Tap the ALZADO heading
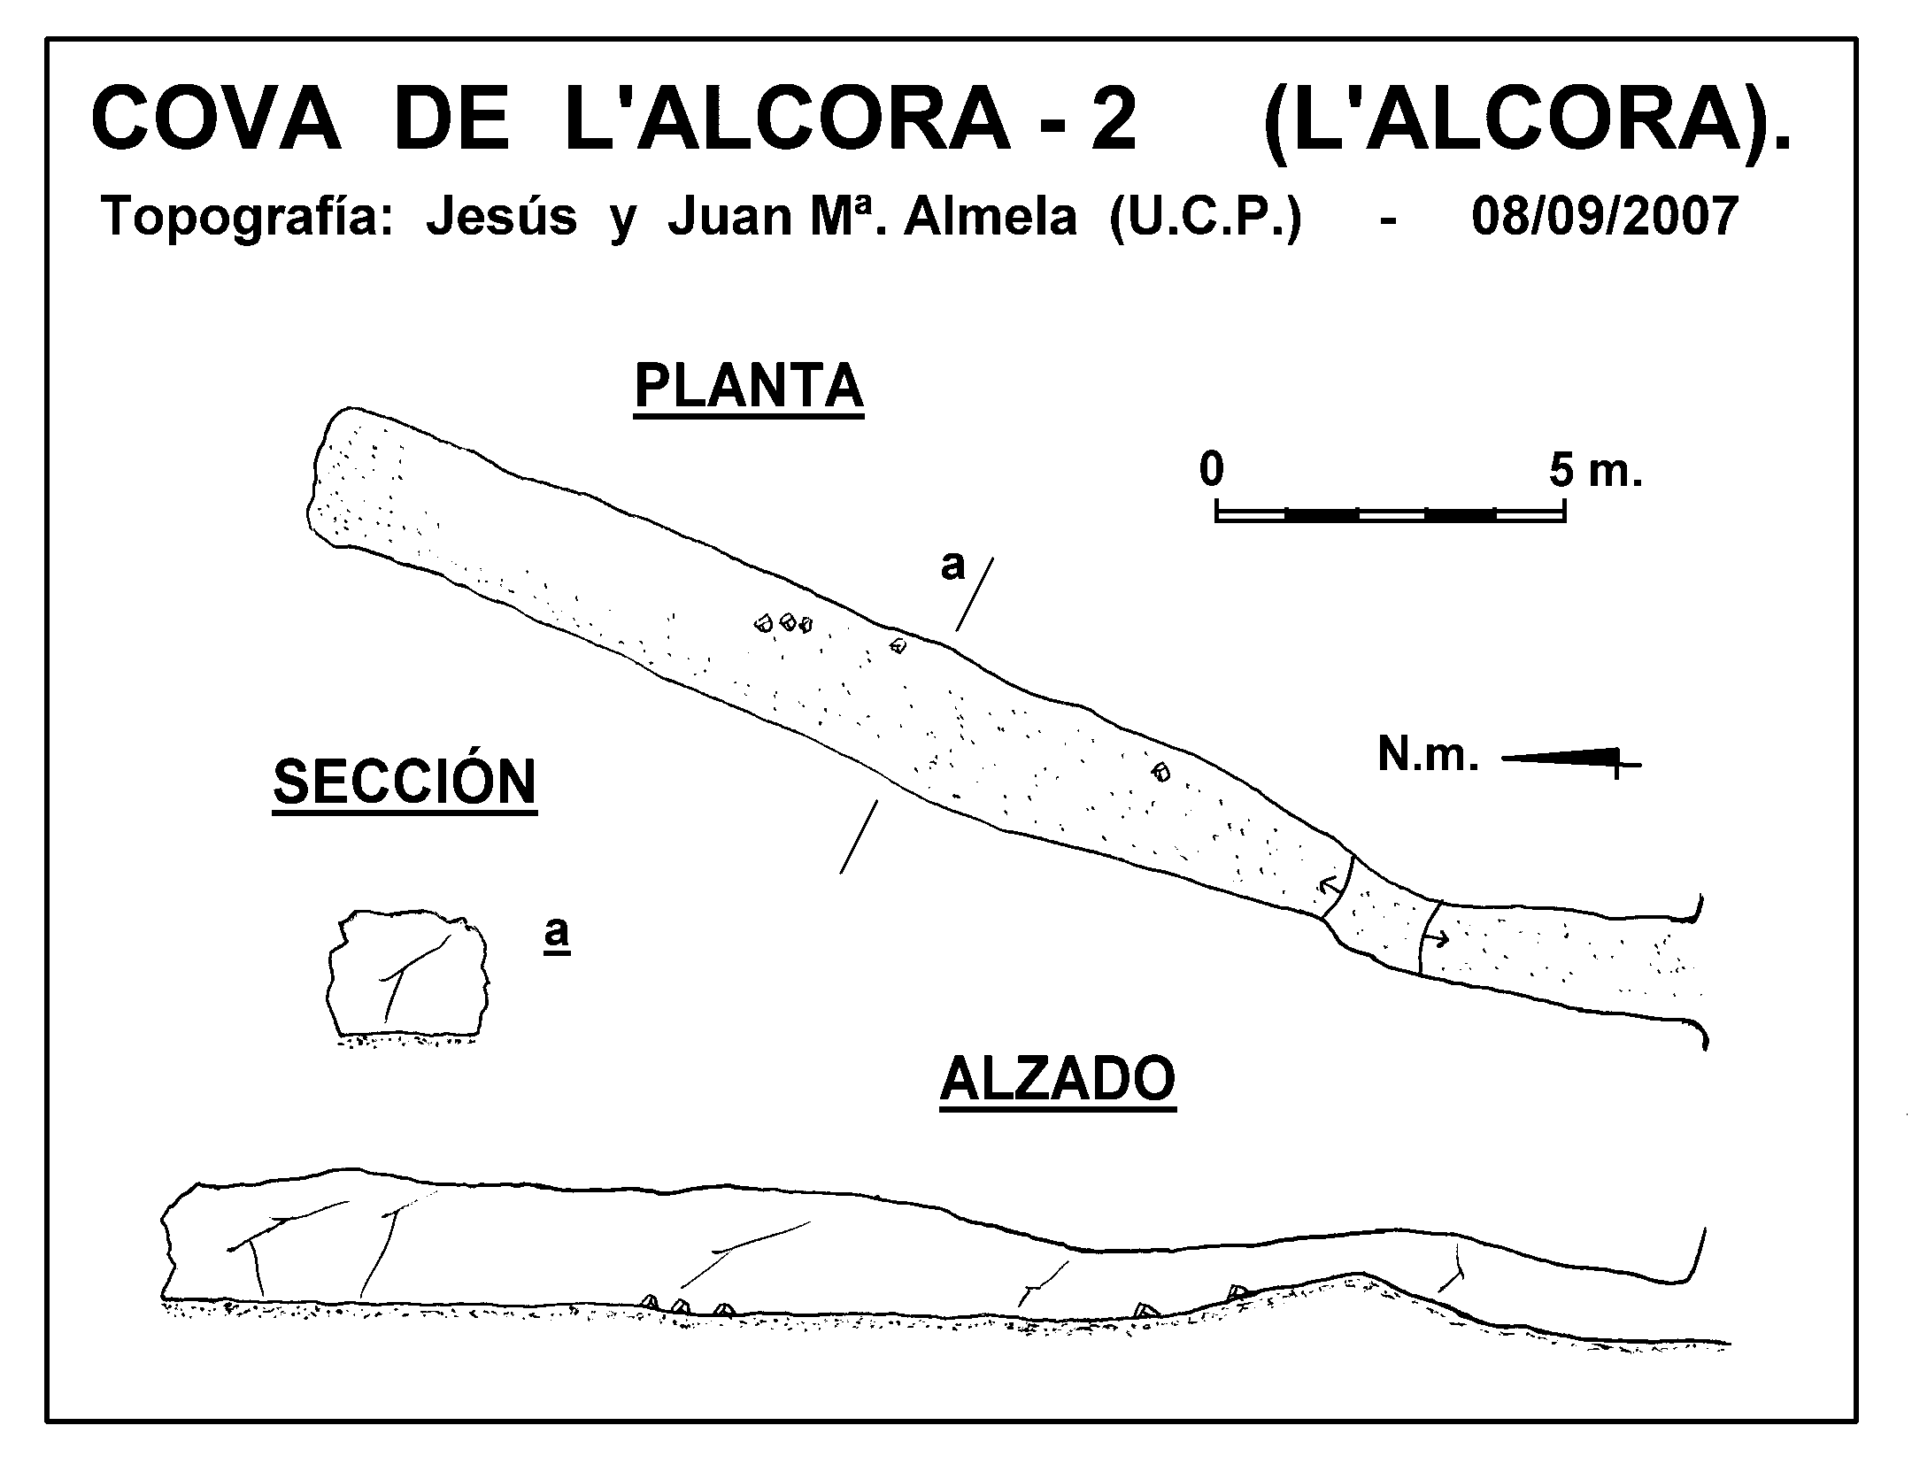(1058, 1079)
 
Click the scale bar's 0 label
(1212, 470)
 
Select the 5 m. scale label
(1596, 472)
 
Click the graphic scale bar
(1391, 511)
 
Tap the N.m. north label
(1428, 755)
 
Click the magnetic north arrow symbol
(1571, 759)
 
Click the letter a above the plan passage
(952, 566)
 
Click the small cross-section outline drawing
(408, 975)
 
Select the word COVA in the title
(216, 120)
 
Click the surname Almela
(991, 218)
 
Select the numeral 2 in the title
(1113, 119)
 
